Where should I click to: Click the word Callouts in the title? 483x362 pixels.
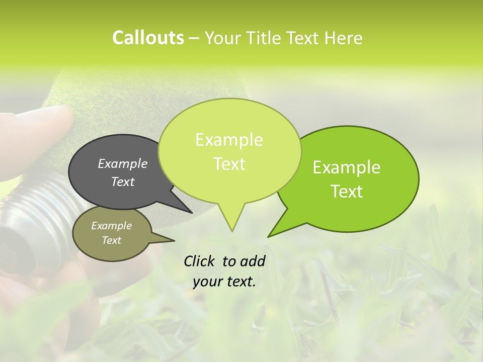[x=148, y=38]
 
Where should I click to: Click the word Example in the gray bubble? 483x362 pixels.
[x=123, y=163]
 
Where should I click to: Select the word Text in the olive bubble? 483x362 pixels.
[x=112, y=240]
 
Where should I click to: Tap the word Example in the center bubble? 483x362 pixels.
[x=229, y=140]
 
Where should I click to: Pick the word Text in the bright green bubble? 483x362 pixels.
[x=347, y=191]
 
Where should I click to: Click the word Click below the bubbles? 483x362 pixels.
[x=199, y=261]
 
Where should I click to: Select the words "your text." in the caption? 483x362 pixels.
[x=224, y=282]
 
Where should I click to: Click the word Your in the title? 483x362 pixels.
[x=221, y=38]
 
